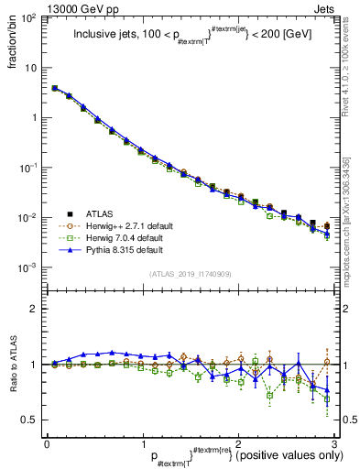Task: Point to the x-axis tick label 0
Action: tap(46, 442)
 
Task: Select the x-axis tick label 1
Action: tap(142, 442)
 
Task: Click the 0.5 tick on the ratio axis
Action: tap(30, 420)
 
